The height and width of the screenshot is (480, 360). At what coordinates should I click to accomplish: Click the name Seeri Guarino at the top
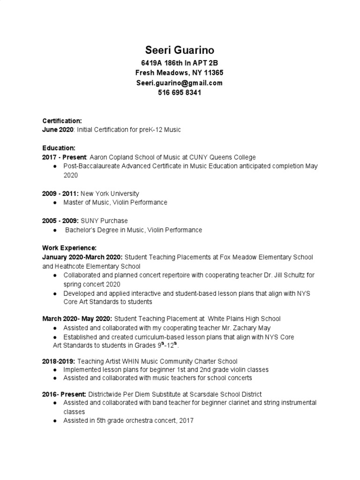coord(180,50)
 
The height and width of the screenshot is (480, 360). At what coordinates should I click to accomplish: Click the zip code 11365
coord(214,73)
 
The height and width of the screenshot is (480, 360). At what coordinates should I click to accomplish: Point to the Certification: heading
coord(62,120)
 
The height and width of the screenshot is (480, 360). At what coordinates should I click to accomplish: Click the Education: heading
coord(59,148)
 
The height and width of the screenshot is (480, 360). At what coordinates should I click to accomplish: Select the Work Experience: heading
coord(69,247)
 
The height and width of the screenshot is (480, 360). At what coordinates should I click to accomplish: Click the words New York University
coord(110,194)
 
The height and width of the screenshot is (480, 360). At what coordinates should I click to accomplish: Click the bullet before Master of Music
coord(56,202)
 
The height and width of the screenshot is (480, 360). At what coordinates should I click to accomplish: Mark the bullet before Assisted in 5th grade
coord(56,421)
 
